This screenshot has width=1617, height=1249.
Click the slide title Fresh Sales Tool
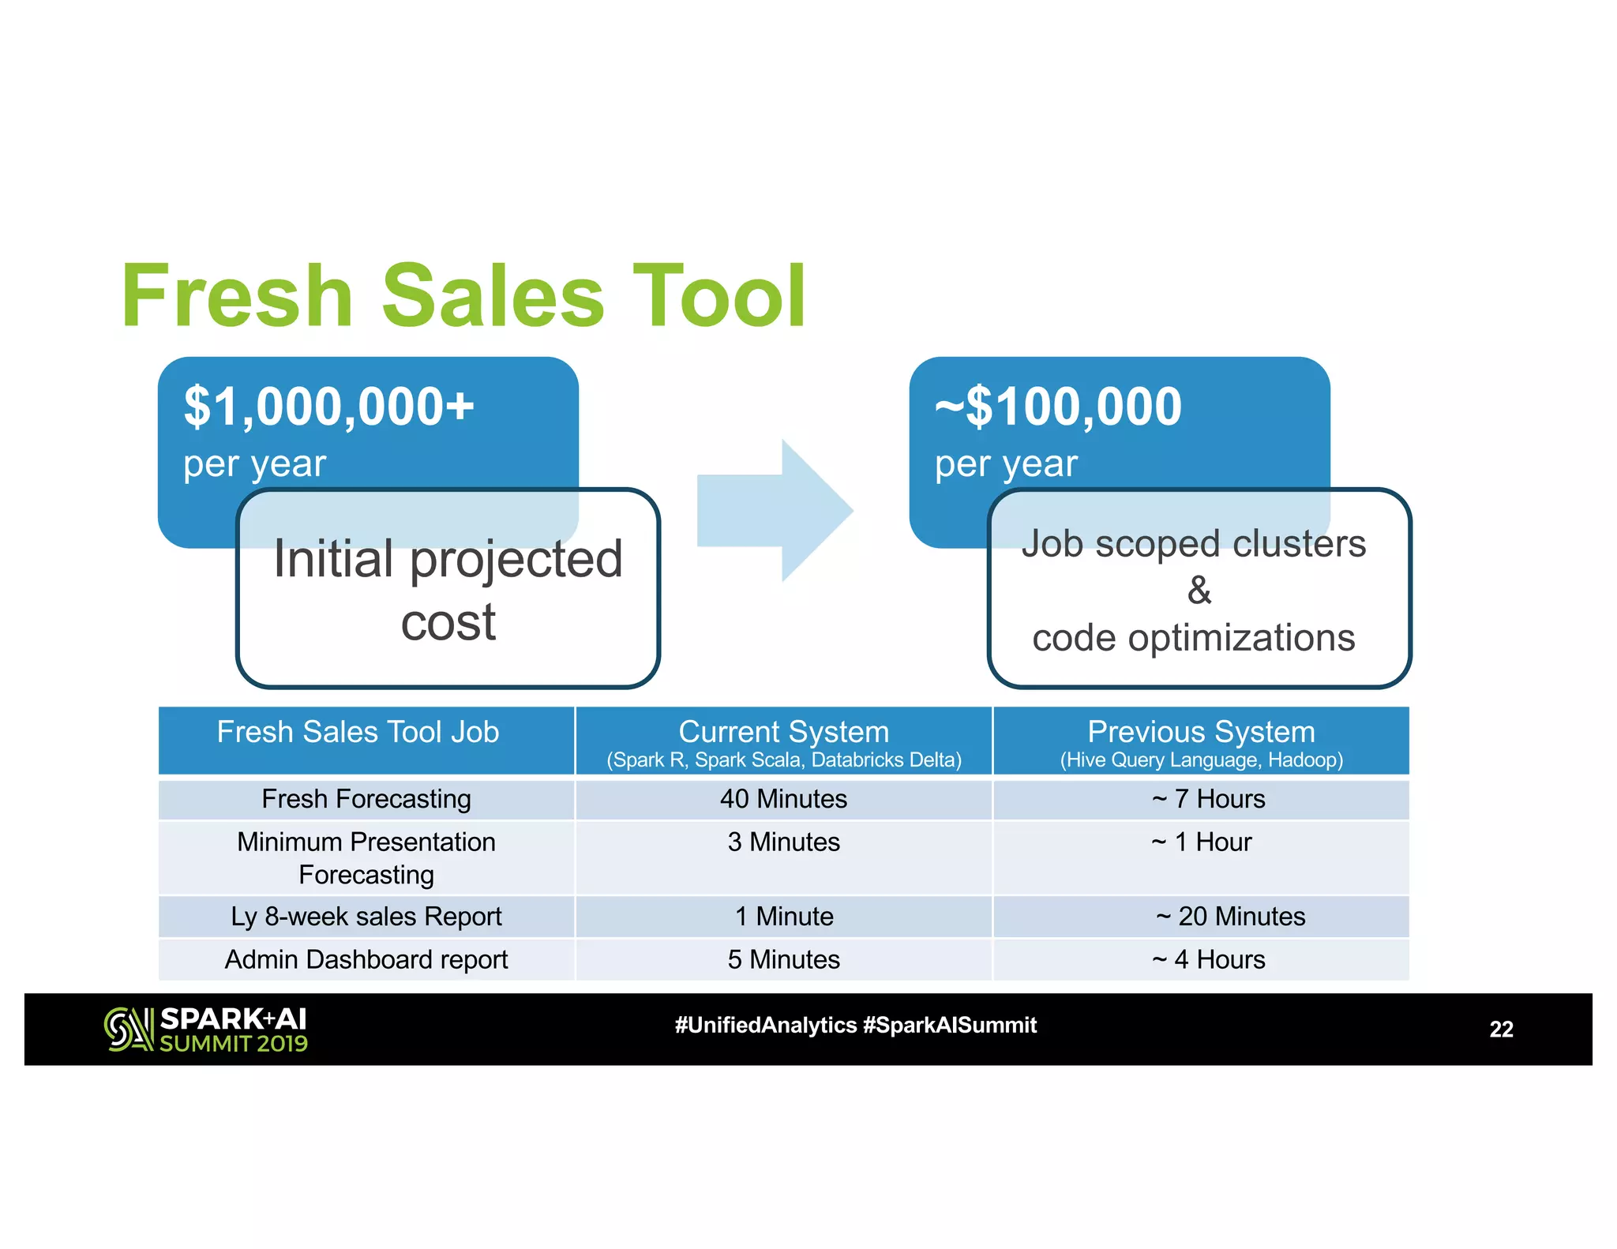tap(464, 297)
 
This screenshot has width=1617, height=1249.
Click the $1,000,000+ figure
tap(328, 407)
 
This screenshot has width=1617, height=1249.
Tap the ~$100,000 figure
tap(1058, 407)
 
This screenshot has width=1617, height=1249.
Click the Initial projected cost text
tap(448, 590)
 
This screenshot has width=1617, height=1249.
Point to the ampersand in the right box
tap(1199, 591)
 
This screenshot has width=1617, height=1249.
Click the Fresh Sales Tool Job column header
tap(358, 733)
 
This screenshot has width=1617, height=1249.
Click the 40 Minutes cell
tap(783, 799)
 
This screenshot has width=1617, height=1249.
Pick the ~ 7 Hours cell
tap(1208, 799)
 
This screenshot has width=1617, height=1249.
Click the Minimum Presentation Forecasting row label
tap(366, 858)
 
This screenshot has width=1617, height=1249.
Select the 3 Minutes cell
tap(783, 842)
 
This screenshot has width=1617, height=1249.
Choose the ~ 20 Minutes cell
tap(1230, 917)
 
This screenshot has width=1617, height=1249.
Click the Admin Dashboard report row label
tap(366, 960)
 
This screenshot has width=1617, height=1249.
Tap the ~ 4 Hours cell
tap(1208, 960)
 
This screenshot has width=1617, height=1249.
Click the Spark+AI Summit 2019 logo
tap(206, 1030)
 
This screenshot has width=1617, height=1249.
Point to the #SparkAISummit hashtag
tap(950, 1026)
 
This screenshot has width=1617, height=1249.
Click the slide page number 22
tap(1501, 1030)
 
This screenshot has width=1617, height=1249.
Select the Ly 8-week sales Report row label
tap(366, 917)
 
